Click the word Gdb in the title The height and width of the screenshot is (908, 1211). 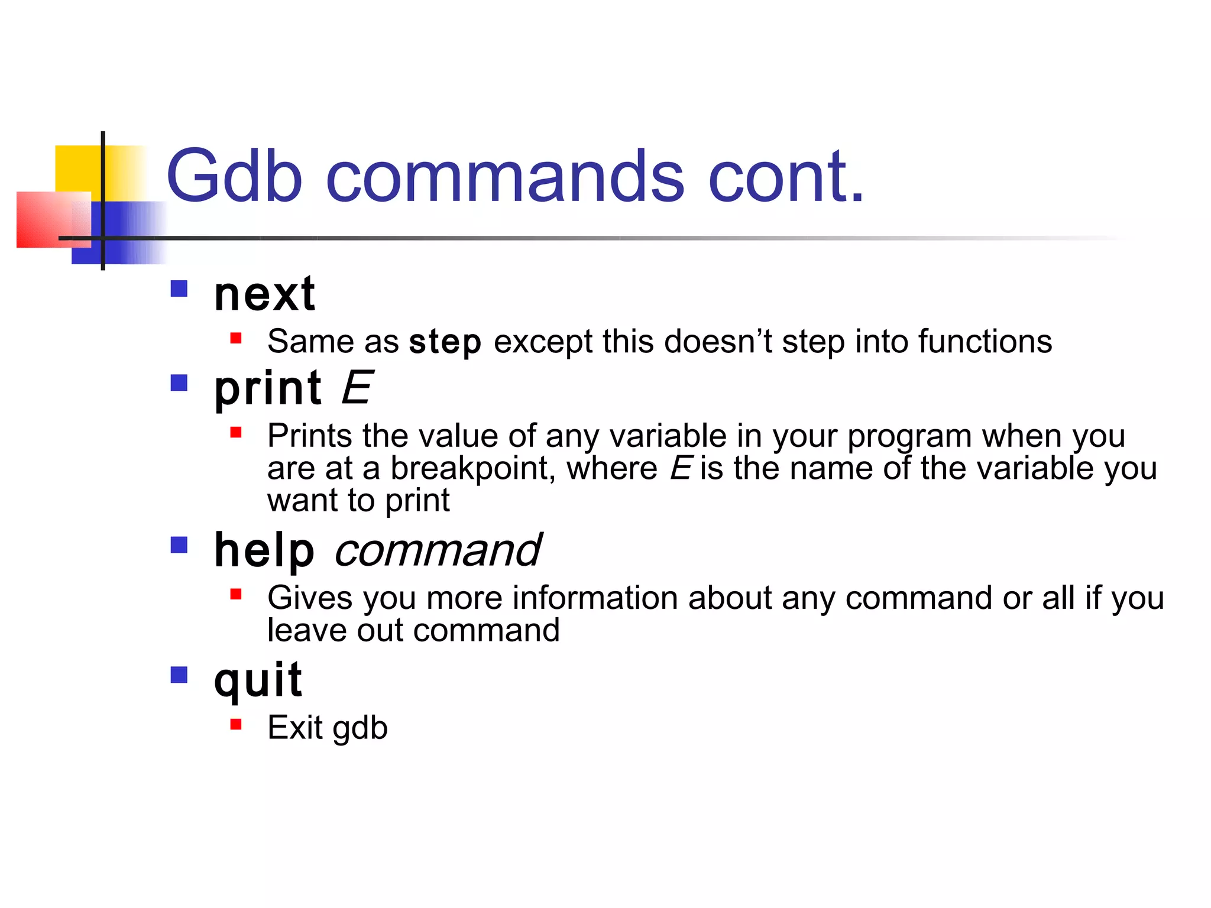pos(234,176)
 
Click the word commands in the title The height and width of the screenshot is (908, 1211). pos(505,176)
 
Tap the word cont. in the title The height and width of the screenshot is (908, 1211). pos(786,176)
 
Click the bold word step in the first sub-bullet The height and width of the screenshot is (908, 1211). pos(445,342)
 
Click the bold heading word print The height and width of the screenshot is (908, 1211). pos(268,388)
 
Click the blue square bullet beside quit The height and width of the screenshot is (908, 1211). pos(179,674)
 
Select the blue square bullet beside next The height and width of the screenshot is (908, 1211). pos(179,288)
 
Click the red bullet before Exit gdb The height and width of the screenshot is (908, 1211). pos(236,724)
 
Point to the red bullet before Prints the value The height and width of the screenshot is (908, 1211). pos(236,432)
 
